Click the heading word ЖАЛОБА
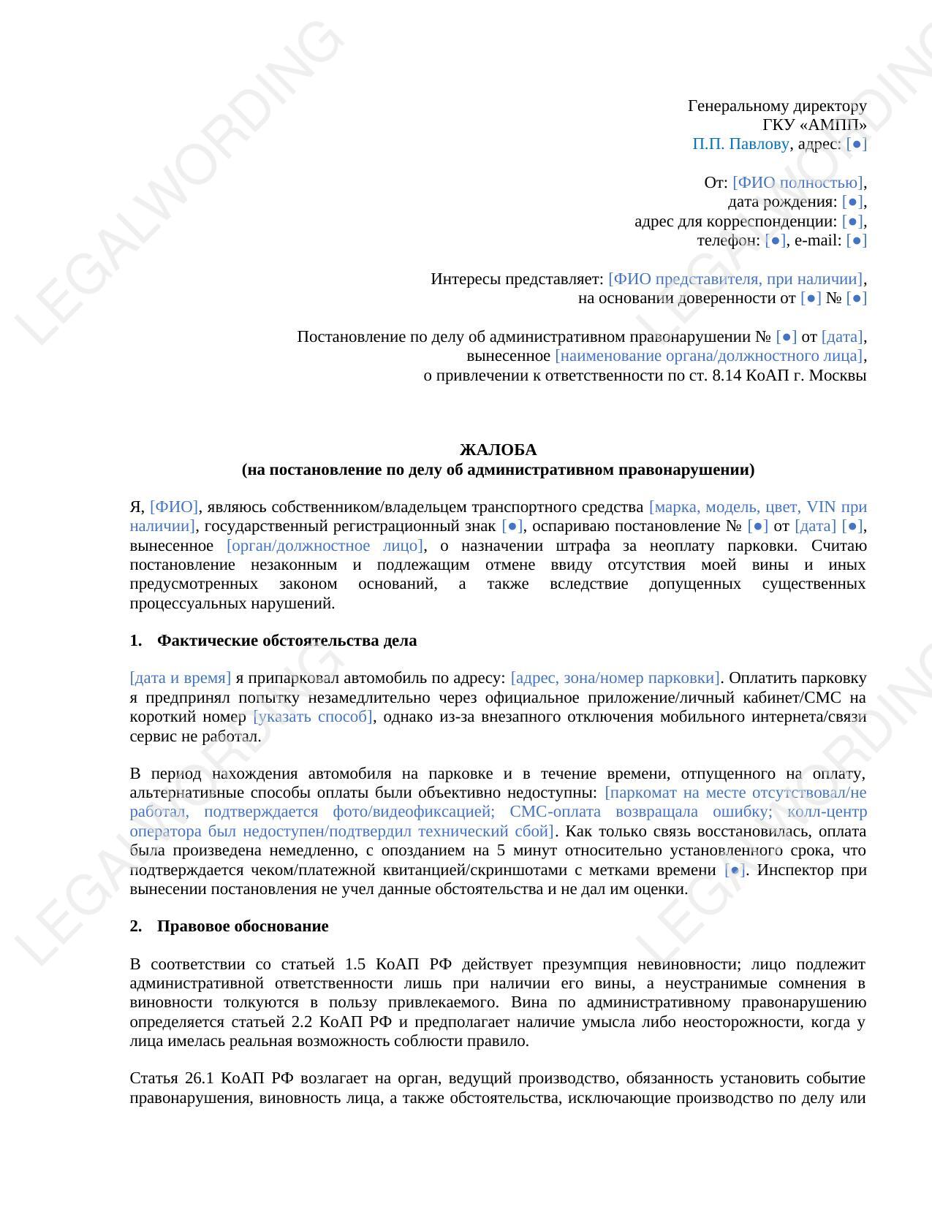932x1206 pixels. [498, 450]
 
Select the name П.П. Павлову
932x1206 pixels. [740, 144]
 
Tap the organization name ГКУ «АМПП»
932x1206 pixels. [814, 125]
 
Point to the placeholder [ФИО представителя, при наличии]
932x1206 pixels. [735, 279]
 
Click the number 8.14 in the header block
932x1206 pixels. [727, 376]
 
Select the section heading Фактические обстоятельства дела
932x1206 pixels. [287, 641]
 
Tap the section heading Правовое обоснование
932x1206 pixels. [243, 926]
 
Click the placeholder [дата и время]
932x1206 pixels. [181, 678]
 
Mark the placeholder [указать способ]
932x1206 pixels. [313, 717]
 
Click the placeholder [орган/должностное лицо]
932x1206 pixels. [325, 546]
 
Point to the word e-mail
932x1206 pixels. [817, 240]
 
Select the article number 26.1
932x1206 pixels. [194, 1078]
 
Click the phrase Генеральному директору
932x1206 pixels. [777, 106]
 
